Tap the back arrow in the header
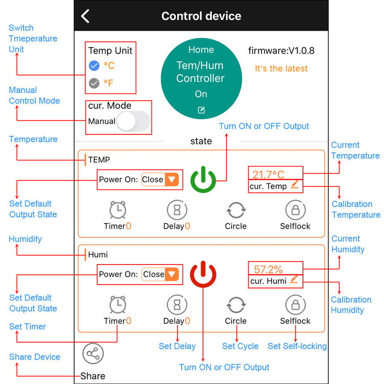tap(85, 16)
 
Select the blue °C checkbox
tap(94, 66)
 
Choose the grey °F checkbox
tap(94, 83)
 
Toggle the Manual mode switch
tap(133, 121)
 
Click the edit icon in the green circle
tap(201, 110)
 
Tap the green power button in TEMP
tap(203, 180)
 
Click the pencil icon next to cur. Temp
tap(294, 185)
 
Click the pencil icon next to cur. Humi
tap(294, 279)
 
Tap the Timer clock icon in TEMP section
tap(118, 210)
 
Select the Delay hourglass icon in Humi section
tap(177, 305)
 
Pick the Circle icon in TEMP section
tap(236, 210)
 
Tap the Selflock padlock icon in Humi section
tap(296, 305)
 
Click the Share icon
tap(93, 354)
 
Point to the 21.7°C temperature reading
tap(268, 175)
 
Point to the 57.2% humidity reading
tap(268, 269)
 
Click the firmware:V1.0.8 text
tap(281, 51)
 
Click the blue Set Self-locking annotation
tap(297, 346)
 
